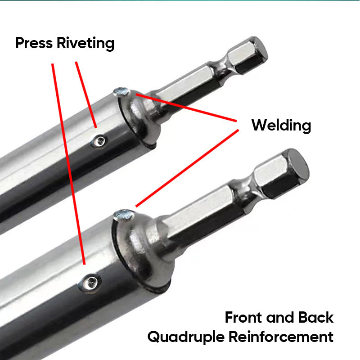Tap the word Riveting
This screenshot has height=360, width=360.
point(85,44)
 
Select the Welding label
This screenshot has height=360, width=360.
point(281,125)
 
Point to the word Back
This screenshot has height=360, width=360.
point(315,317)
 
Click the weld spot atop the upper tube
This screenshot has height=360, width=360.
point(121,92)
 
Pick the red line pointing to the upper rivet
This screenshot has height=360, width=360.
point(86,94)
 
